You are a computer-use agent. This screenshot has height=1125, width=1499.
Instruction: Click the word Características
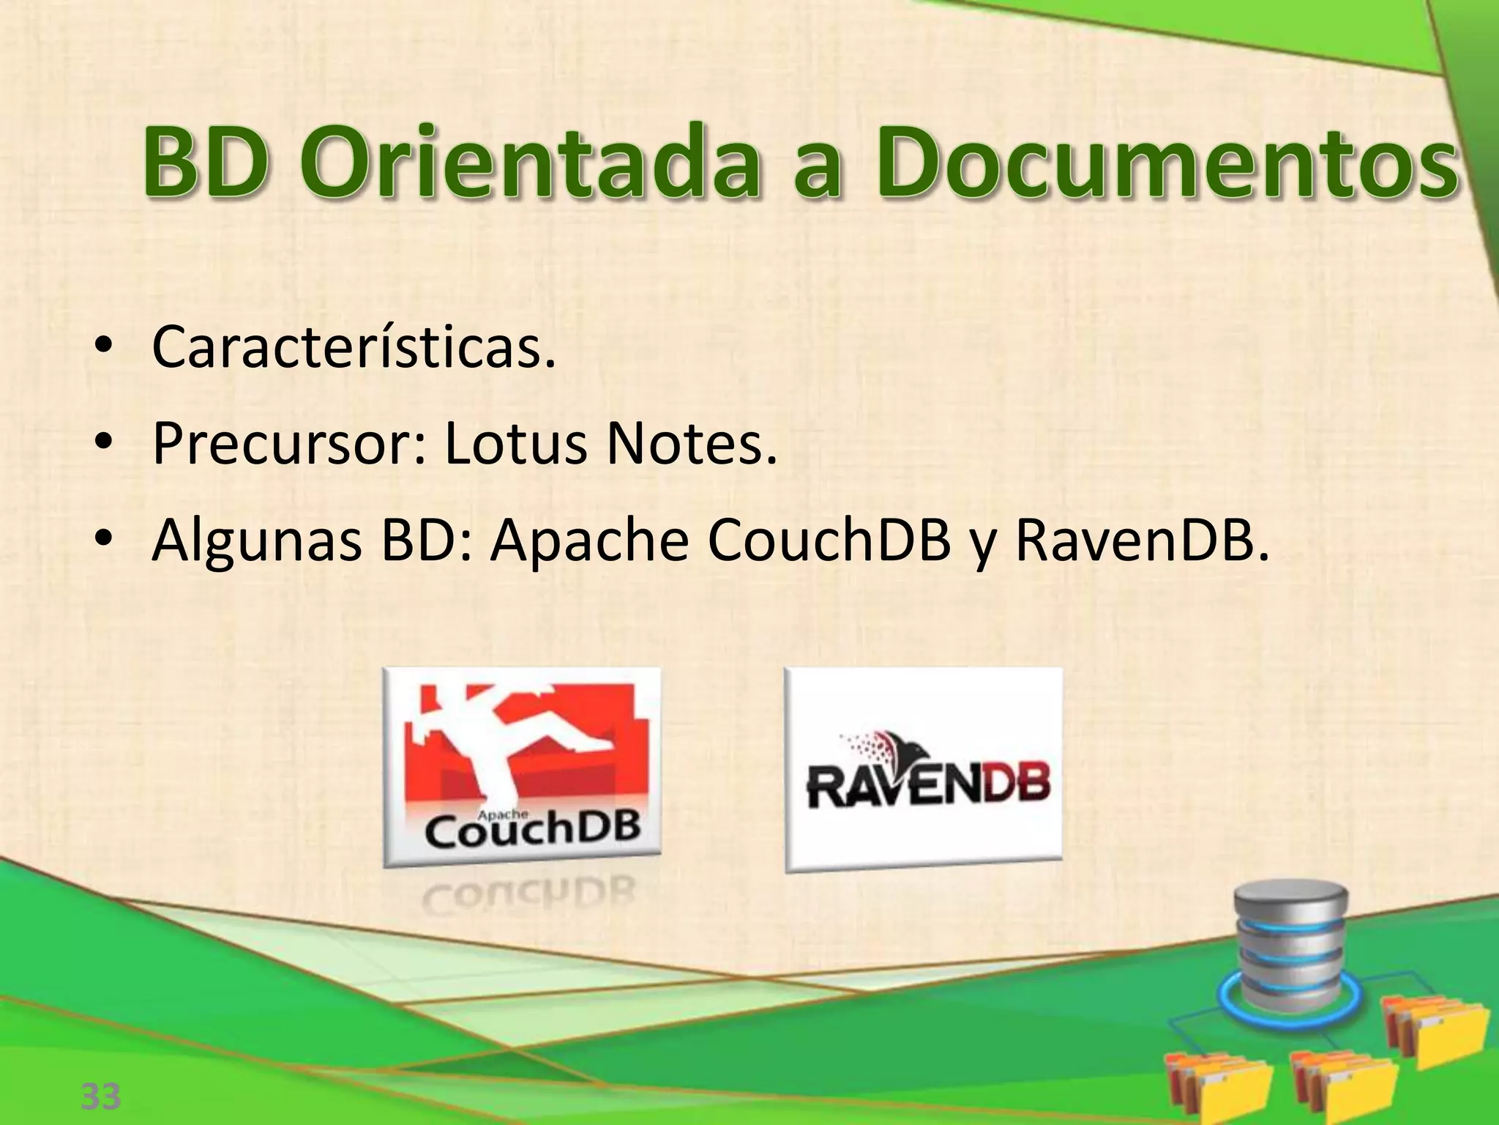point(354,347)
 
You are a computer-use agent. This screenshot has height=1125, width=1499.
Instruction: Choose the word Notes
point(691,444)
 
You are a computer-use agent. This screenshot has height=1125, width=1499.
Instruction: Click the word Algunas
point(256,542)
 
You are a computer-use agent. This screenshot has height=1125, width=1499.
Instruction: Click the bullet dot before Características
point(104,347)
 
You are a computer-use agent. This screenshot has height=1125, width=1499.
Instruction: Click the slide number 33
point(100,1096)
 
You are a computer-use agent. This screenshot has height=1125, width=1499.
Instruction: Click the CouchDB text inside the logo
point(532,831)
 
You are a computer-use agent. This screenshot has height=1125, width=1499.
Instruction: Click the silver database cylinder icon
point(1290,945)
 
